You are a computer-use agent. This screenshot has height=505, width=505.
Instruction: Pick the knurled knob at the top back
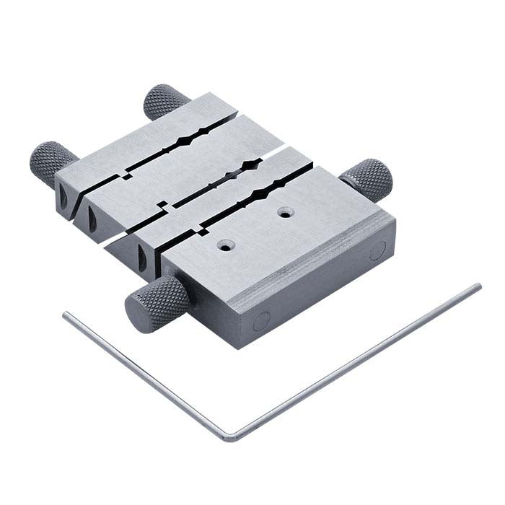[x=167, y=102]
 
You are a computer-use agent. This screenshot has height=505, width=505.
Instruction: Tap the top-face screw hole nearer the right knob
[x=287, y=214]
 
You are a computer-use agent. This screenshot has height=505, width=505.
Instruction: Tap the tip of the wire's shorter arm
[x=65, y=314]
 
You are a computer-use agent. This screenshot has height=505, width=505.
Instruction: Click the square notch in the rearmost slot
[x=127, y=173]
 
